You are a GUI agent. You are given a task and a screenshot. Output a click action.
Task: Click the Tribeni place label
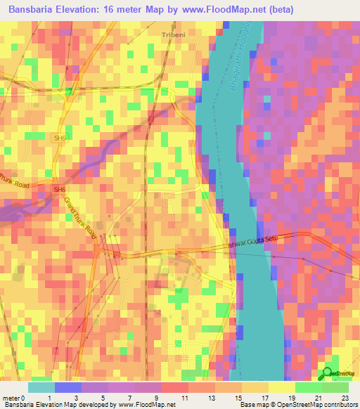(173, 34)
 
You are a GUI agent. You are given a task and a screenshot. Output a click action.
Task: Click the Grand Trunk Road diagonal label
(80, 218)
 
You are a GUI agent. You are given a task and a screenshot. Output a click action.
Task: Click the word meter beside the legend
(10, 398)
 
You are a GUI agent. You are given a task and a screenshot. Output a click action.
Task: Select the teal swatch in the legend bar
(41, 387)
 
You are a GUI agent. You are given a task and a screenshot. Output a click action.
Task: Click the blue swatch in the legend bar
(67, 387)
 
